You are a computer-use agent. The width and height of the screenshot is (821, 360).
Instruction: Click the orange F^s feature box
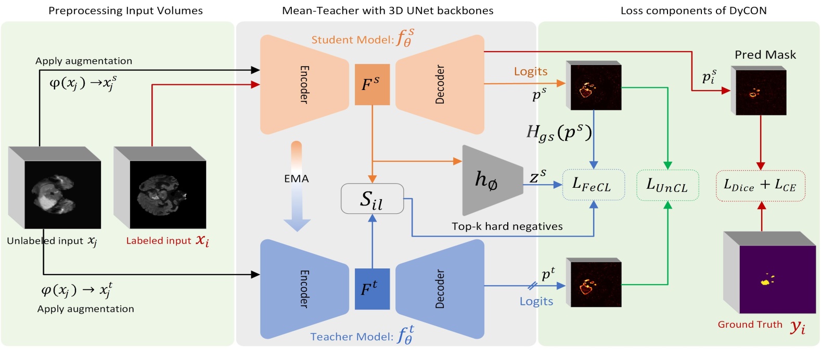point(372,84)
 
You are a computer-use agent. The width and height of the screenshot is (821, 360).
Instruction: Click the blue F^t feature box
point(372,289)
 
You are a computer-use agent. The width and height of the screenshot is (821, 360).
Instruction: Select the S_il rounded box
point(372,199)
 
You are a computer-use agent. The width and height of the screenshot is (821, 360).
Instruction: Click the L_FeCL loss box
point(593,185)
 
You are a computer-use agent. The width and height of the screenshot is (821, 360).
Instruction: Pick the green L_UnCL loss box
point(668,185)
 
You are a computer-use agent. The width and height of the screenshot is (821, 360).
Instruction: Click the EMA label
point(297,178)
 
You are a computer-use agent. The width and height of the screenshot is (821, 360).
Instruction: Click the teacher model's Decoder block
point(440,289)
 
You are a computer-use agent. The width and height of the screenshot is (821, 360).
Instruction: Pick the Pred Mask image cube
point(759,91)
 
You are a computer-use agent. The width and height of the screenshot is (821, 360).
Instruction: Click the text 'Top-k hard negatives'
point(507,226)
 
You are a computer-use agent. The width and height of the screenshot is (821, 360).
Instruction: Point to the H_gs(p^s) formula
point(559,133)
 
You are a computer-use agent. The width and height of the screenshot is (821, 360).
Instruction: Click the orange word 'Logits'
point(531,72)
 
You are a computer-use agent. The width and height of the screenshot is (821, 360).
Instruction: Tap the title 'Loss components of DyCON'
point(693,10)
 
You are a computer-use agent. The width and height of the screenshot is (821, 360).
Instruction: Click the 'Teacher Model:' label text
point(352,337)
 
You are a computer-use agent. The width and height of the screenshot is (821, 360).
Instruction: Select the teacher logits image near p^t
point(594,284)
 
